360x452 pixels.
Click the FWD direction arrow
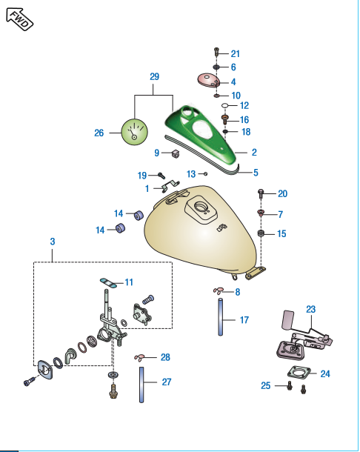(x=19, y=19)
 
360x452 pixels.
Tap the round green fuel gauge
(x=134, y=132)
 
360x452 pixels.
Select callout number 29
(x=155, y=76)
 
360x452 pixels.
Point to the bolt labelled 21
(x=217, y=53)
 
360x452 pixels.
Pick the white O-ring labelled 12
(x=226, y=105)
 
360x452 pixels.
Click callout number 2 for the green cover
(x=254, y=152)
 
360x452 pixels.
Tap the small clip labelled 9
(x=176, y=154)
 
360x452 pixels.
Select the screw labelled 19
(x=161, y=175)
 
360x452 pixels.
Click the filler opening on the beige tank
(x=200, y=207)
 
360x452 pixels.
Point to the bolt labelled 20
(x=261, y=193)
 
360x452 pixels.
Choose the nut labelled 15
(x=261, y=233)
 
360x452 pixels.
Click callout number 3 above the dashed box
(x=53, y=242)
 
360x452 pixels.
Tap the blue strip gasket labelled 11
(x=108, y=282)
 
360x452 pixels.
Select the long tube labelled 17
(x=221, y=317)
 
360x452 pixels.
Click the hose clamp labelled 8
(x=219, y=291)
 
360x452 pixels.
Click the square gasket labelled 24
(x=299, y=373)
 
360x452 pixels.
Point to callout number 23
(x=310, y=309)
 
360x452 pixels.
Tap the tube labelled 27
(x=141, y=385)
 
